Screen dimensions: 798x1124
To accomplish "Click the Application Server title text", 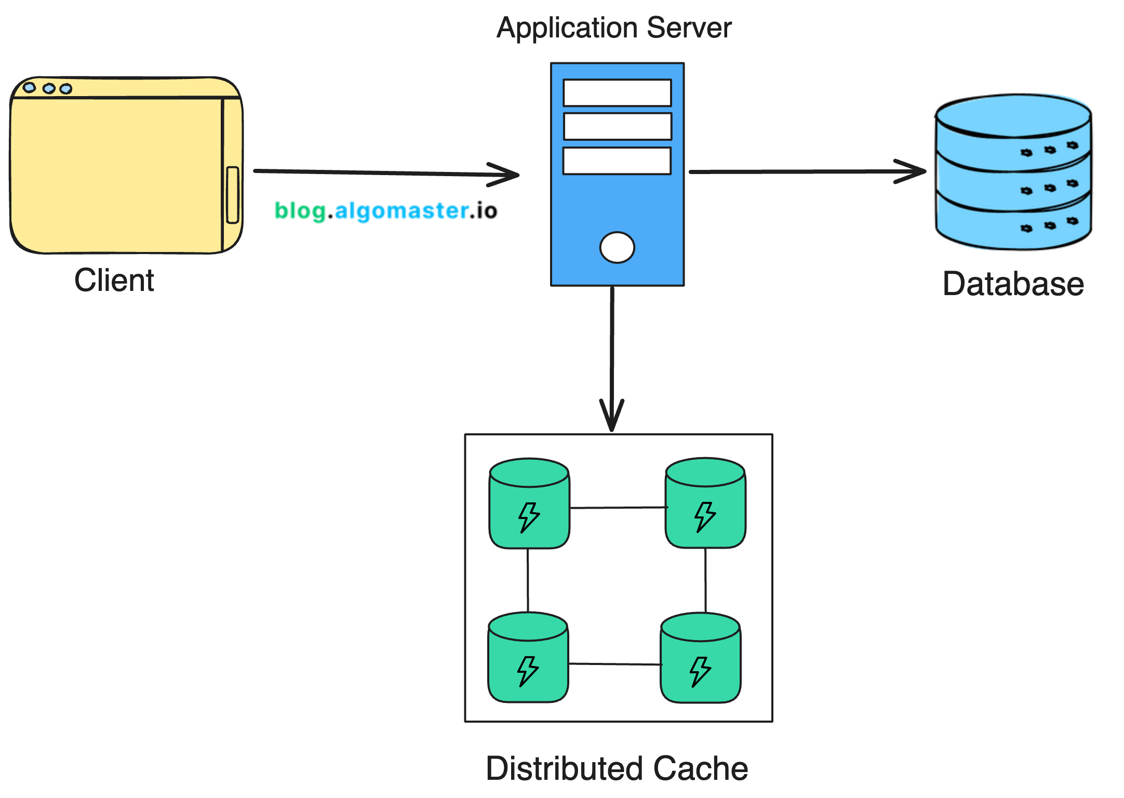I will (614, 28).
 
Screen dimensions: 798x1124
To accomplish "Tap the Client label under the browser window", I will (114, 281).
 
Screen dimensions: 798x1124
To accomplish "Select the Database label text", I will (1013, 284).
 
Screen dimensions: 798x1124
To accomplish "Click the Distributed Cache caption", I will (617, 768).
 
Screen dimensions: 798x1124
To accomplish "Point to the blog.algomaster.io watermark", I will (385, 211).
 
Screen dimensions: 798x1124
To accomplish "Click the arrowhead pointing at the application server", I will (506, 175).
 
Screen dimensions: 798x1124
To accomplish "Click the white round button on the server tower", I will (617, 247).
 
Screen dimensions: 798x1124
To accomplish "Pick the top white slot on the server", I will (617, 92).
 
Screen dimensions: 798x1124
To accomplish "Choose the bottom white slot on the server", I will (617, 161).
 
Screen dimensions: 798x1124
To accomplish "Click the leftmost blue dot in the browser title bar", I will (30, 87).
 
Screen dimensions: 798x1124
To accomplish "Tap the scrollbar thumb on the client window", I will (233, 195).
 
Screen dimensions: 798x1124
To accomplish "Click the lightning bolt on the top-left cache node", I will (529, 517).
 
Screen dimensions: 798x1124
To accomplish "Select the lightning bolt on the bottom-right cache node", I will (700, 671).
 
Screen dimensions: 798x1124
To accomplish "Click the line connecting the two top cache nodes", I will (618, 508).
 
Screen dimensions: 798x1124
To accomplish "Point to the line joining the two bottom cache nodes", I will (614, 664).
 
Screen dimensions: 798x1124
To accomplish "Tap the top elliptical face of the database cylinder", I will (1013, 115).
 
